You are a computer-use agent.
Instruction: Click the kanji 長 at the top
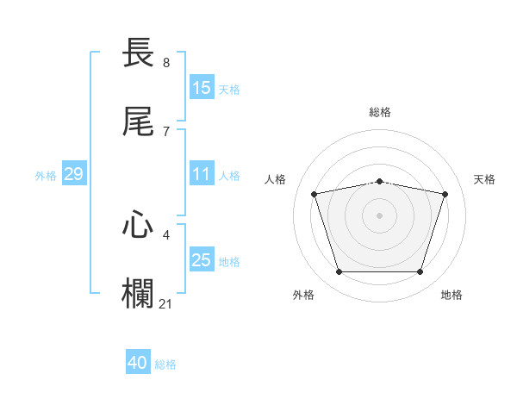click(x=138, y=53)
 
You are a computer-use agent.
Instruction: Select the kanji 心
click(x=138, y=226)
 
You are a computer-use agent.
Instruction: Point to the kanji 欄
click(x=138, y=293)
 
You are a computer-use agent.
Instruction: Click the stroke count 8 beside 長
click(x=165, y=63)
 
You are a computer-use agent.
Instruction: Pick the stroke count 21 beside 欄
click(x=166, y=302)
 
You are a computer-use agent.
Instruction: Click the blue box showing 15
click(x=202, y=87)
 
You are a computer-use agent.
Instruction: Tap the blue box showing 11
click(x=202, y=174)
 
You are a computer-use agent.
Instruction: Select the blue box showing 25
click(x=202, y=260)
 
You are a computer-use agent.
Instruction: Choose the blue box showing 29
click(x=73, y=174)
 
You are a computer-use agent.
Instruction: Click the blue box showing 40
click(x=138, y=363)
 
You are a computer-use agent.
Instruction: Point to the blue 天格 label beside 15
click(x=228, y=89)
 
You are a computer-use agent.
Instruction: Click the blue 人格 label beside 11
click(x=228, y=176)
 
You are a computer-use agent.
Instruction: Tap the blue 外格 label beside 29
click(x=46, y=176)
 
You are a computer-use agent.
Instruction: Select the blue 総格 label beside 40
click(x=165, y=364)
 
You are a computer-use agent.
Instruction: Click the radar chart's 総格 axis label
click(x=379, y=112)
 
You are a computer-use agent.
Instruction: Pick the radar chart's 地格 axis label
click(x=452, y=295)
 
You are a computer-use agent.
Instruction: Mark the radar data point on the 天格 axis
click(x=445, y=194)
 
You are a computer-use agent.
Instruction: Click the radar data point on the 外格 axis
click(x=339, y=272)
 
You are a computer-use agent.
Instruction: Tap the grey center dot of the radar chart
click(x=379, y=215)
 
